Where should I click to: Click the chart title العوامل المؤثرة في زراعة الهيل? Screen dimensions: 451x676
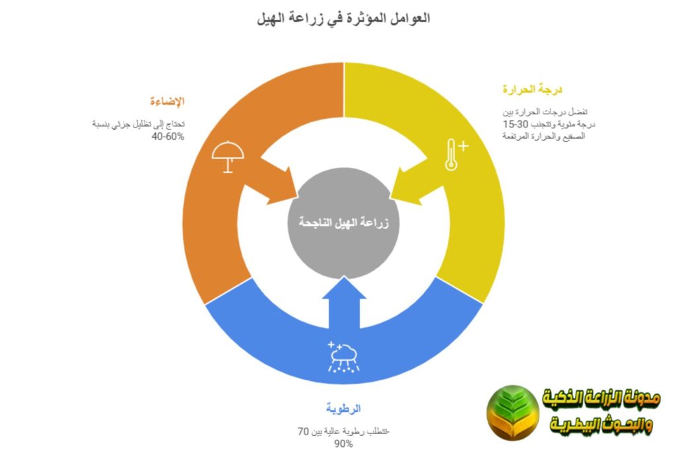pyautogui.click(x=343, y=18)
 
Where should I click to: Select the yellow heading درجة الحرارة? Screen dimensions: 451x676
pyautogui.click(x=531, y=89)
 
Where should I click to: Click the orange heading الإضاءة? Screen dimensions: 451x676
pyautogui.click(x=166, y=102)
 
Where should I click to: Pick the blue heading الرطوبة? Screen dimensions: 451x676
pyautogui.click(x=343, y=407)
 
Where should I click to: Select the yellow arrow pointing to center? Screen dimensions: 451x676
pyautogui.click(x=422, y=181)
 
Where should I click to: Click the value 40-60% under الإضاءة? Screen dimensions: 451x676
pyautogui.click(x=168, y=137)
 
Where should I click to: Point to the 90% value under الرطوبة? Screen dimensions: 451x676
pyautogui.click(x=343, y=444)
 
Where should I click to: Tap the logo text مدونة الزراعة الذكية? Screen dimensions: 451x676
pyautogui.click(x=601, y=398)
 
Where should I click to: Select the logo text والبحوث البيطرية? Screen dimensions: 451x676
pyautogui.click(x=601, y=427)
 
